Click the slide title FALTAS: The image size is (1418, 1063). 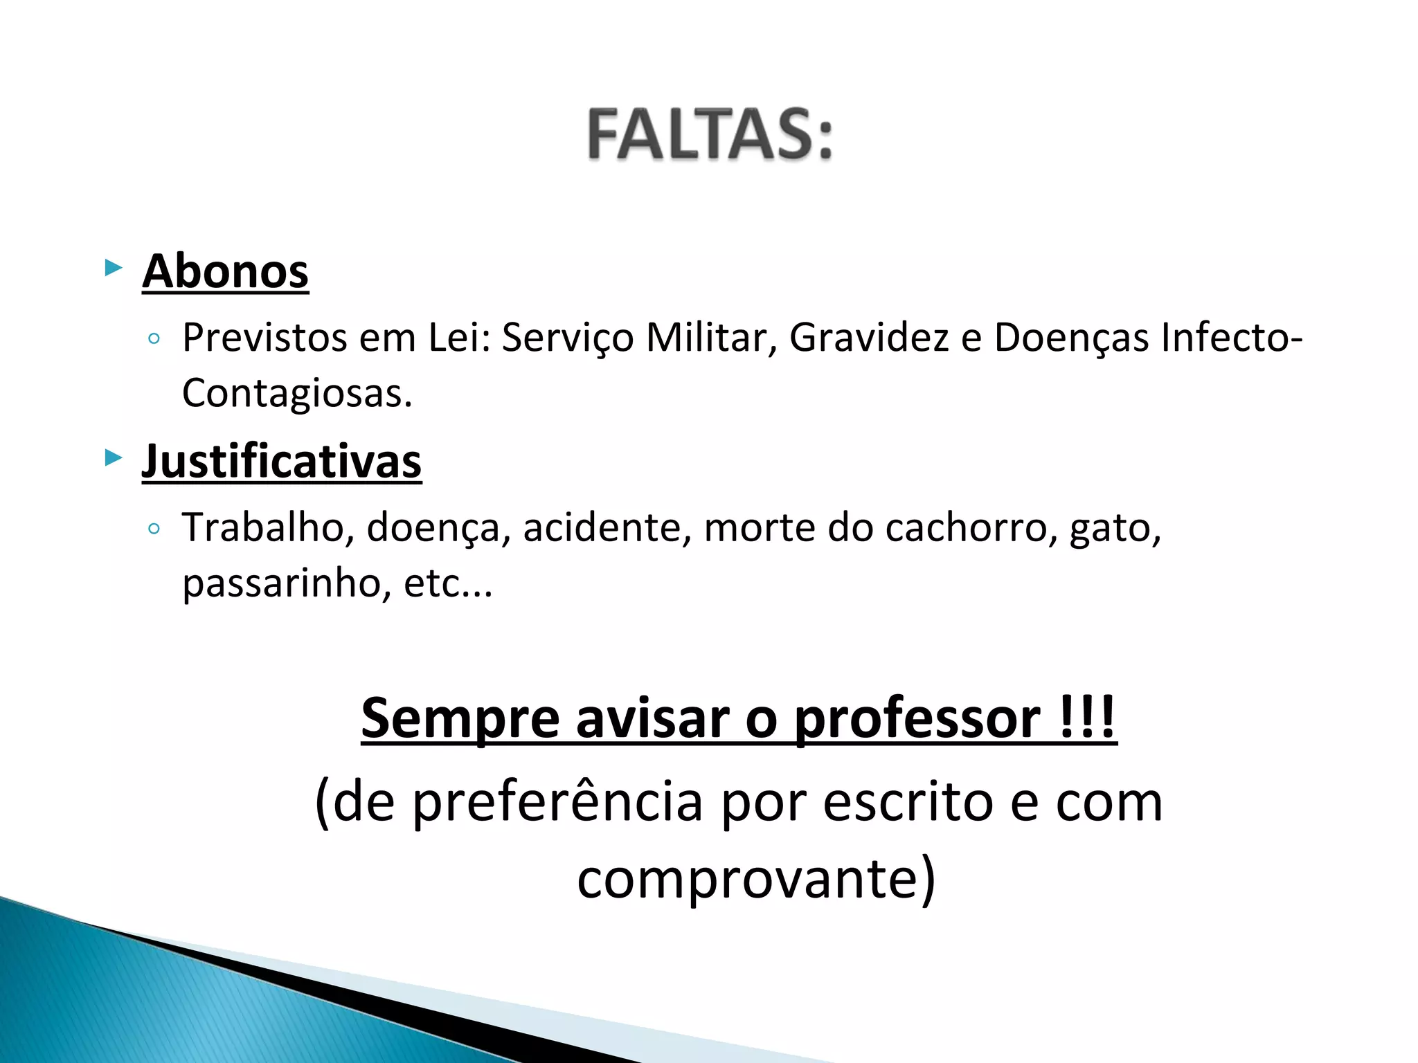point(710,134)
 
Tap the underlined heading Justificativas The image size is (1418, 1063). point(282,461)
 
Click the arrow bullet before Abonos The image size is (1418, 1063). point(113,267)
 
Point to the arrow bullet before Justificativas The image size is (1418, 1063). point(113,457)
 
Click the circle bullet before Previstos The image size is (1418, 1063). point(154,339)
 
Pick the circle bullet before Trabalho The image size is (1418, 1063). point(154,529)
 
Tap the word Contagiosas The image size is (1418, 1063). point(297,394)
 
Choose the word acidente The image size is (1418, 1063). point(607,527)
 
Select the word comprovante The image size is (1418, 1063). point(756,878)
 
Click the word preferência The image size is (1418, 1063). point(558,803)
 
